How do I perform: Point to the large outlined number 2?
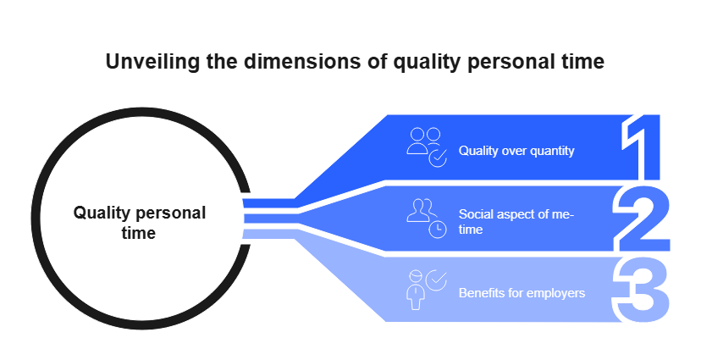[642, 218]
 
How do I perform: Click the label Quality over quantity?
[516, 151]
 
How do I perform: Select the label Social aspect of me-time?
[516, 222]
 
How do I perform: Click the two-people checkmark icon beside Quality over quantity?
[426, 147]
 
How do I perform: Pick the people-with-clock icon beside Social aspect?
[426, 218]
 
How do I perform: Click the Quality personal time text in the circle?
[139, 222]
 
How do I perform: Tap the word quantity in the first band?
[550, 151]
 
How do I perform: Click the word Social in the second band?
[474, 214]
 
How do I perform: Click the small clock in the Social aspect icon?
[437, 230]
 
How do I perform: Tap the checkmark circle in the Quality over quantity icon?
[437, 158]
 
